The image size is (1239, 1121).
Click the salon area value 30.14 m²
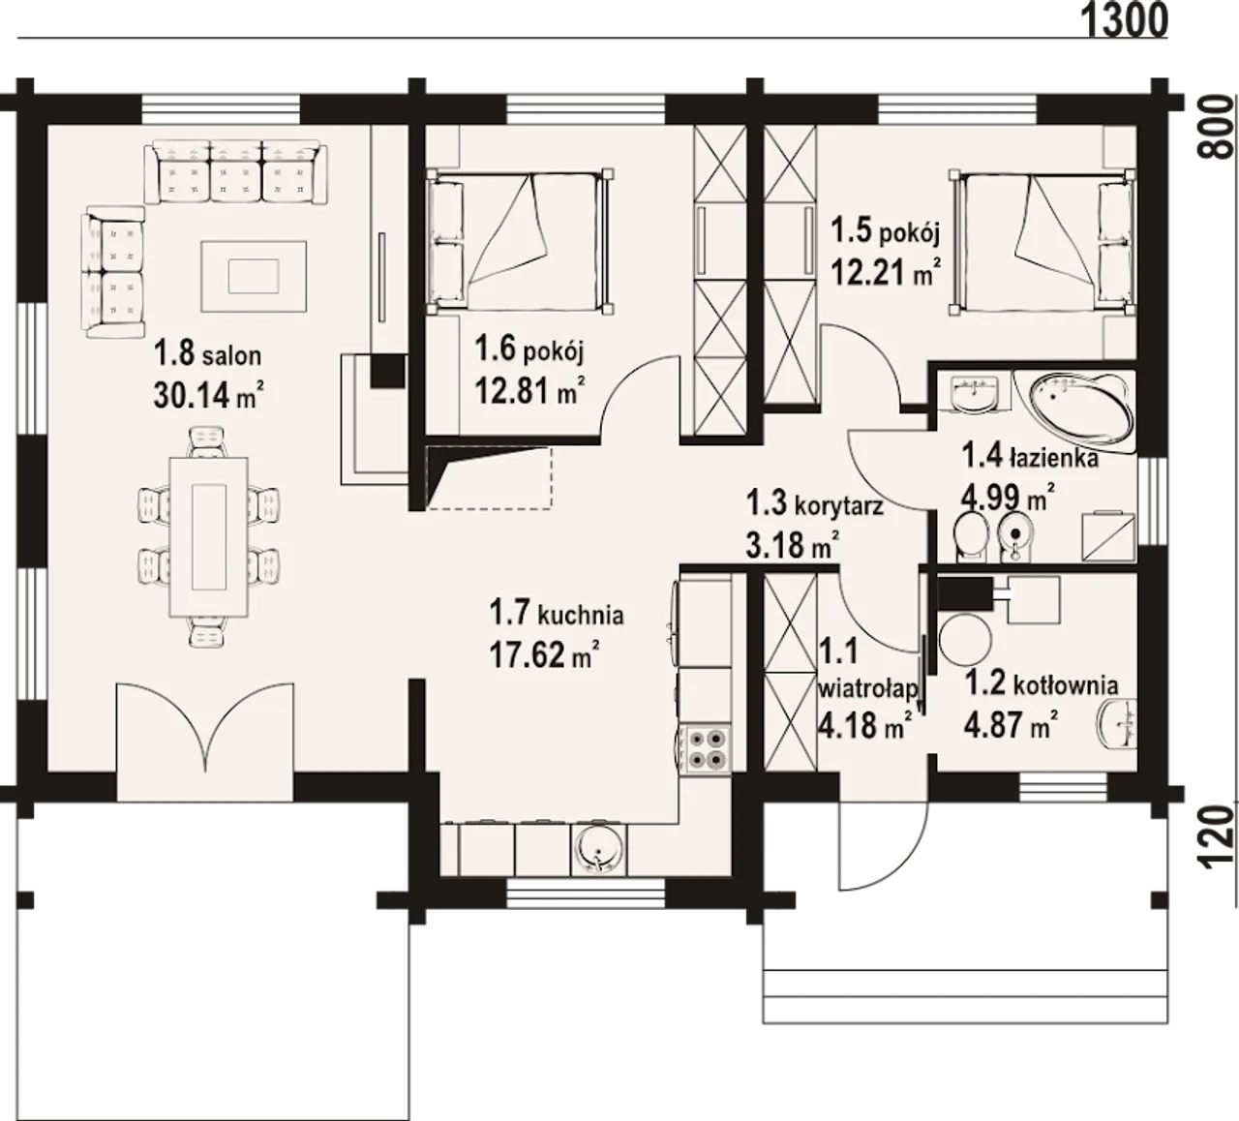[x=209, y=394]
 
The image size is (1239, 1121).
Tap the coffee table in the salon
[x=254, y=276]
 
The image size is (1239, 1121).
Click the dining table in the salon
[x=209, y=537]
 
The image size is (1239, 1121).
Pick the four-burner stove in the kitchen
[x=705, y=748]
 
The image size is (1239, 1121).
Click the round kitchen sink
[x=598, y=851]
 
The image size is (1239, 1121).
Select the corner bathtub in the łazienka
[x=1081, y=412]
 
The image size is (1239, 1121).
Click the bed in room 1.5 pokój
[x=1044, y=241]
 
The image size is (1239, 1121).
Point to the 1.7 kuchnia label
[x=557, y=614]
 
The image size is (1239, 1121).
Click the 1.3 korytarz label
[x=815, y=503]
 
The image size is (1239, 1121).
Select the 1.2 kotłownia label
[x=1042, y=684]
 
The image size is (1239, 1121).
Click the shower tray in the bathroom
[x=1108, y=536]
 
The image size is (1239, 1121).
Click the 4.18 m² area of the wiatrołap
[x=864, y=724]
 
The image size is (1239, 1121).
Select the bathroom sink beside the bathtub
[x=975, y=392]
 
